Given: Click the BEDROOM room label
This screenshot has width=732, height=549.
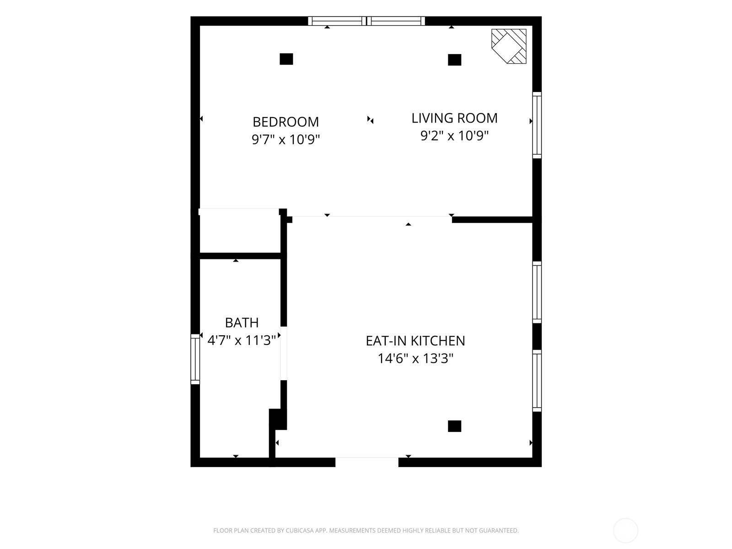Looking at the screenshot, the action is pyautogui.click(x=285, y=122).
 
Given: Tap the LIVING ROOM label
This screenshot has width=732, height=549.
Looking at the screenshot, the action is pyautogui.click(x=454, y=118).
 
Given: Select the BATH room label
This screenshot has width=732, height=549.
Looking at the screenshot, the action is pyautogui.click(x=242, y=323).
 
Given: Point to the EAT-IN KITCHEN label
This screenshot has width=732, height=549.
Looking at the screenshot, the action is pyautogui.click(x=415, y=341).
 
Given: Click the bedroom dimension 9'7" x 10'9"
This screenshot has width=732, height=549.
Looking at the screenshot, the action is pyautogui.click(x=286, y=140).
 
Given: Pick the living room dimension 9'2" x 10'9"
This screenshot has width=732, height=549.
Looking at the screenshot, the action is pyautogui.click(x=454, y=136).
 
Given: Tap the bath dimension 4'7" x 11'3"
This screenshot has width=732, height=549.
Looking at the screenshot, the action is pyautogui.click(x=242, y=340).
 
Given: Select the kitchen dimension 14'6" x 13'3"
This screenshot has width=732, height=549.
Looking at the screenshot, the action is pyautogui.click(x=415, y=359).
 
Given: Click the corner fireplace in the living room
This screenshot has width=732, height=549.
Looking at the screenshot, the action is pyautogui.click(x=509, y=46).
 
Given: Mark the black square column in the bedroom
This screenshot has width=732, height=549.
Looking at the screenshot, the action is pyautogui.click(x=286, y=59).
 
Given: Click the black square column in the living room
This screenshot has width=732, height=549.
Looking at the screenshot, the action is pyautogui.click(x=455, y=60).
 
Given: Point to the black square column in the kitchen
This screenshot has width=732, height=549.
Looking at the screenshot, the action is pyautogui.click(x=455, y=426).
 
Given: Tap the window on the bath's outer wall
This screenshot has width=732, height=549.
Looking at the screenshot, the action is pyautogui.click(x=195, y=359).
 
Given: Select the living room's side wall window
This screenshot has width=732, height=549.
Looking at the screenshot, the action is pyautogui.click(x=537, y=125).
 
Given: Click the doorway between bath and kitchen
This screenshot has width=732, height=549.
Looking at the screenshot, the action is pyautogui.click(x=284, y=353).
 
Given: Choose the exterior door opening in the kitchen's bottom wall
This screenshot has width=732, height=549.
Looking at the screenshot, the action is pyautogui.click(x=367, y=462).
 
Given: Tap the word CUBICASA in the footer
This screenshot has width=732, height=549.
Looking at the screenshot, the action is pyautogui.click(x=300, y=530).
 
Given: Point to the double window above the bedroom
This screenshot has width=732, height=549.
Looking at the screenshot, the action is pyautogui.click(x=366, y=21).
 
